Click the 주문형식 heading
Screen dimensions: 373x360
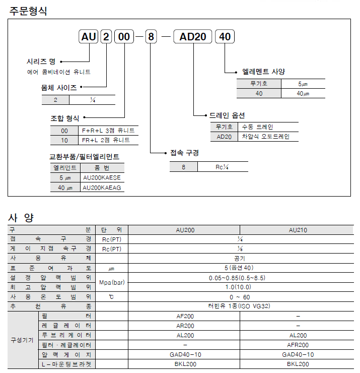(x=29, y=11)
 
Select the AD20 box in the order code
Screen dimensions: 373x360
(x=193, y=37)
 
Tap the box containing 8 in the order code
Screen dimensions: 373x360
(x=151, y=37)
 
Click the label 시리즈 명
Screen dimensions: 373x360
(x=41, y=61)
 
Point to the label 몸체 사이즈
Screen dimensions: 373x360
(x=59, y=88)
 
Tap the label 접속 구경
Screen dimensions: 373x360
(x=184, y=153)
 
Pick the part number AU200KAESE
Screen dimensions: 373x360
(x=102, y=177)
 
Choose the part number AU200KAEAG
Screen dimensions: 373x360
(x=102, y=188)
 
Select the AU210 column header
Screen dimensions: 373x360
(x=298, y=230)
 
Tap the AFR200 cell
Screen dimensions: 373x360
(x=298, y=345)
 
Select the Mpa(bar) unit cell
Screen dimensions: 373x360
(x=112, y=282)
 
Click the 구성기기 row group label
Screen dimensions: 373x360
(x=23, y=340)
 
